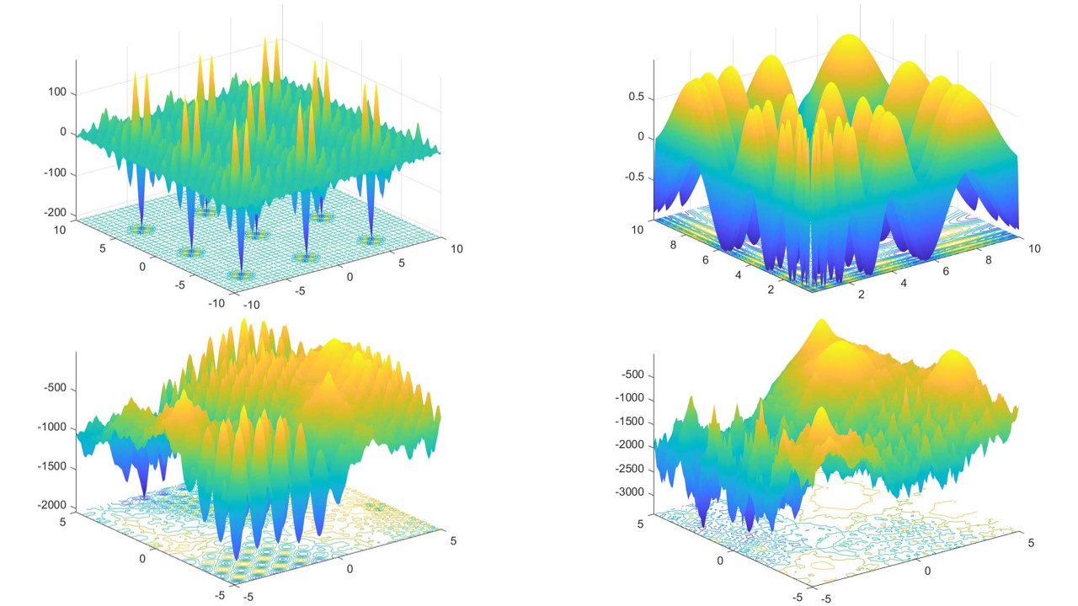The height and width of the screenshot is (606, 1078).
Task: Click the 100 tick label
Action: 57,93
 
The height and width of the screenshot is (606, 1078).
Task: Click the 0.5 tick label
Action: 635,97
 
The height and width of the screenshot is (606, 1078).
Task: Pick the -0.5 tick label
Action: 633,177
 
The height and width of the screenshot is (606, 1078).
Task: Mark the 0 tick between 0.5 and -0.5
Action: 641,136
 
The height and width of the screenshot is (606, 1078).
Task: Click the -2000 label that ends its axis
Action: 51,504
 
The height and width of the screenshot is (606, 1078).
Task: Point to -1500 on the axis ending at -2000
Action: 51,465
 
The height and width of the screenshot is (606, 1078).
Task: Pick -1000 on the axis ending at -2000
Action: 51,427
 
